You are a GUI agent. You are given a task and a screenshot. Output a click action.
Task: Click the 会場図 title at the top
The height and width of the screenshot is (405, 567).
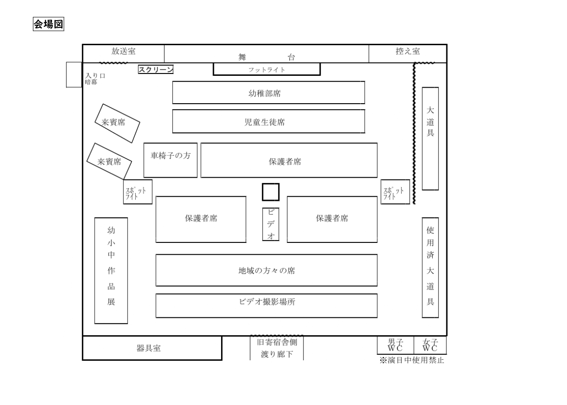48,24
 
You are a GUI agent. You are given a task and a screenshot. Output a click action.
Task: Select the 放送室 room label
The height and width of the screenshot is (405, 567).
123,51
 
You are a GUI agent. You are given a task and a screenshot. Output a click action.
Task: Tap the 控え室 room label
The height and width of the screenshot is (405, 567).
408,51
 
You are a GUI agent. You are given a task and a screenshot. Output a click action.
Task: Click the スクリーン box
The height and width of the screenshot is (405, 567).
156,69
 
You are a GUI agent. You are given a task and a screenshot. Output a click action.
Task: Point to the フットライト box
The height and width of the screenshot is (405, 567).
266,69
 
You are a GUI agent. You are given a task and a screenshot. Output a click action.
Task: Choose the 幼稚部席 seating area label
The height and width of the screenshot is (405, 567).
268,94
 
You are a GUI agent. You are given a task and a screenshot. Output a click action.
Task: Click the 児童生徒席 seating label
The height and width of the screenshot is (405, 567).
268,122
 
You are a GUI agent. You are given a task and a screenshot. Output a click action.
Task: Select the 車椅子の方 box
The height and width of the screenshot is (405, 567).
170,156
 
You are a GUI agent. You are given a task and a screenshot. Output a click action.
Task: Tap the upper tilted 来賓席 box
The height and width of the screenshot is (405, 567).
117,122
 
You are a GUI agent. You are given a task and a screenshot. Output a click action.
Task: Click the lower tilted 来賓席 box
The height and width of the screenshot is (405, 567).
109,161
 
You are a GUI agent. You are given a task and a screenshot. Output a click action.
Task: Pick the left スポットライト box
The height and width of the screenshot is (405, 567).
138,192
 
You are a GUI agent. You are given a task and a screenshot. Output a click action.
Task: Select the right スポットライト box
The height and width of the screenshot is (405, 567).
395,192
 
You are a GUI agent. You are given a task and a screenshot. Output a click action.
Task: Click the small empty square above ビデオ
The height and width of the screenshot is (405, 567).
270,192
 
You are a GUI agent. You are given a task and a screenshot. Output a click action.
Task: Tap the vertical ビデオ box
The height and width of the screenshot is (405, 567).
270,224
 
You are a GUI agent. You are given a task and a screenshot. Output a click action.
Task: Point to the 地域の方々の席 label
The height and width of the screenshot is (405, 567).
266,270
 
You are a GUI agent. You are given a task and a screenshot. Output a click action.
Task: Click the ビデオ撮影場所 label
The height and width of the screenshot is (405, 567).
266,302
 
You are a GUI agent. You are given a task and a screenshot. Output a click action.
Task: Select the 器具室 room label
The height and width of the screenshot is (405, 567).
149,348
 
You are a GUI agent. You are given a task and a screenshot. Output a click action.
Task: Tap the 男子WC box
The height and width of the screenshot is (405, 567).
395,346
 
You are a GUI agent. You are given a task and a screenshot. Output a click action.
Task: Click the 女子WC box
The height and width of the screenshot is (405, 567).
430,346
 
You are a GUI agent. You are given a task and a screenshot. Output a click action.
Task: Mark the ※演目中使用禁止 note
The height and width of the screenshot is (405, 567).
412,361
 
